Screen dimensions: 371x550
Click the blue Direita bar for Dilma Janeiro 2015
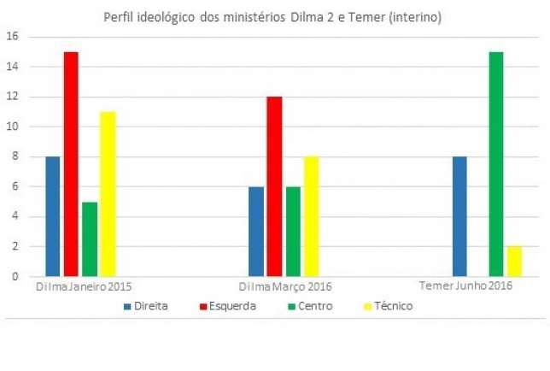click(53, 216)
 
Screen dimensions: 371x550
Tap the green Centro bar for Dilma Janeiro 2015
click(90, 238)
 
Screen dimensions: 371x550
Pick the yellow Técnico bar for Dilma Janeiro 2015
click(108, 194)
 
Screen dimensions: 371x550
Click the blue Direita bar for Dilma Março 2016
click(256, 232)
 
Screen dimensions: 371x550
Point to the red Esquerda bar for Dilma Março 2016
click(274, 186)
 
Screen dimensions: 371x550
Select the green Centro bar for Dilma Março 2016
click(292, 232)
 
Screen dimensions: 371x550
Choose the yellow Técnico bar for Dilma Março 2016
click(311, 216)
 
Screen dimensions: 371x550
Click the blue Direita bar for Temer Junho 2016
click(459, 216)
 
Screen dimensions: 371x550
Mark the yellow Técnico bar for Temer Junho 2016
click(514, 262)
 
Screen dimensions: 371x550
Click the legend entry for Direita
click(146, 305)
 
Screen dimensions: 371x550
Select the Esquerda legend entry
click(226, 305)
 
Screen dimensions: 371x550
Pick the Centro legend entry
click(308, 305)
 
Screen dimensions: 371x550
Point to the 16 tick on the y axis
click(12, 37)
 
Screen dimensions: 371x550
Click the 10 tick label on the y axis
click(12, 127)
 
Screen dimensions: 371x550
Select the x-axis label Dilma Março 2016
click(285, 286)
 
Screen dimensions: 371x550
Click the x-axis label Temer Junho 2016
click(466, 286)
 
